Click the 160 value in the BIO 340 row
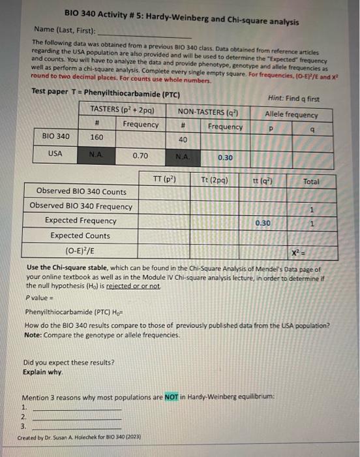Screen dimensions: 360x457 pyautogui.click(x=97, y=138)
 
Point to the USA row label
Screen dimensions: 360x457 pyautogui.click(x=56, y=155)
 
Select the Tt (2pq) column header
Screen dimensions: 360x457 pyautogui.click(x=213, y=179)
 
